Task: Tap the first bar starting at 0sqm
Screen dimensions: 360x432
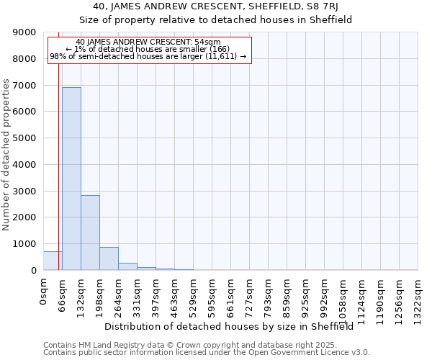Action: point(53,261)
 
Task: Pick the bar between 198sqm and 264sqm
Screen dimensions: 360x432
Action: point(109,258)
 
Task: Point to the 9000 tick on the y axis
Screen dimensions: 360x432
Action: point(25,32)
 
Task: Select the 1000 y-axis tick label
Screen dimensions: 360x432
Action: point(25,244)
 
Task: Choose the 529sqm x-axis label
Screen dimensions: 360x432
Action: point(194,295)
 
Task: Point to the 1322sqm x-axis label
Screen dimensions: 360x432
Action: point(418,298)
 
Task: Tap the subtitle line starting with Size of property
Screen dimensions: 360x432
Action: point(215,20)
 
